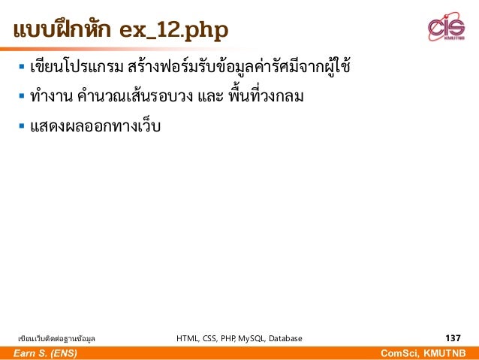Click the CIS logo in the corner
tap(446, 28)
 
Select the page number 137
tap(453, 338)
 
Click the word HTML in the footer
tap(187, 338)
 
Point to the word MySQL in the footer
tap(241, 338)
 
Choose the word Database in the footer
tap(282, 338)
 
